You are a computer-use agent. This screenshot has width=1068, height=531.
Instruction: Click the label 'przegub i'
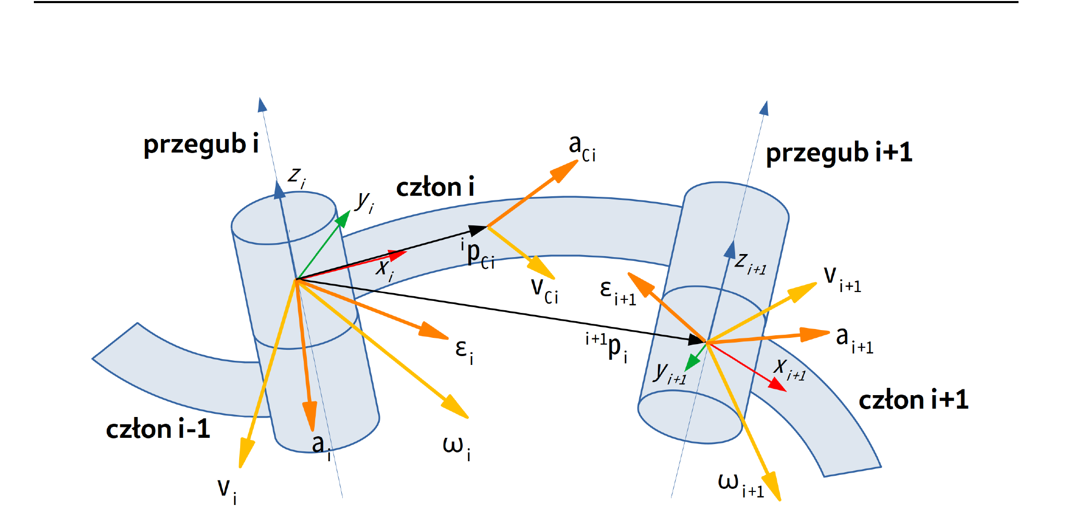[201, 145]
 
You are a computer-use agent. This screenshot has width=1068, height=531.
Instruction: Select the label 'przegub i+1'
[839, 153]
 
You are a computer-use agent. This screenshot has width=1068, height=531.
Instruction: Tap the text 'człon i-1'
[158, 429]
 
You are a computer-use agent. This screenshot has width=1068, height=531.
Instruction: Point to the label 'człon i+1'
[913, 400]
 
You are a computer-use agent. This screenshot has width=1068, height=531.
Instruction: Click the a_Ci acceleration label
[582, 148]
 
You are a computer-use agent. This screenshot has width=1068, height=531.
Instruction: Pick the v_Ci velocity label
[544, 290]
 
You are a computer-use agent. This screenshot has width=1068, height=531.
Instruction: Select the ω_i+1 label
[741, 485]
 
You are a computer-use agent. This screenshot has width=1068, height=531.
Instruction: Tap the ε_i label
[464, 351]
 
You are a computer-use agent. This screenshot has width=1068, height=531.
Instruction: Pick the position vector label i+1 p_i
[606, 347]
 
